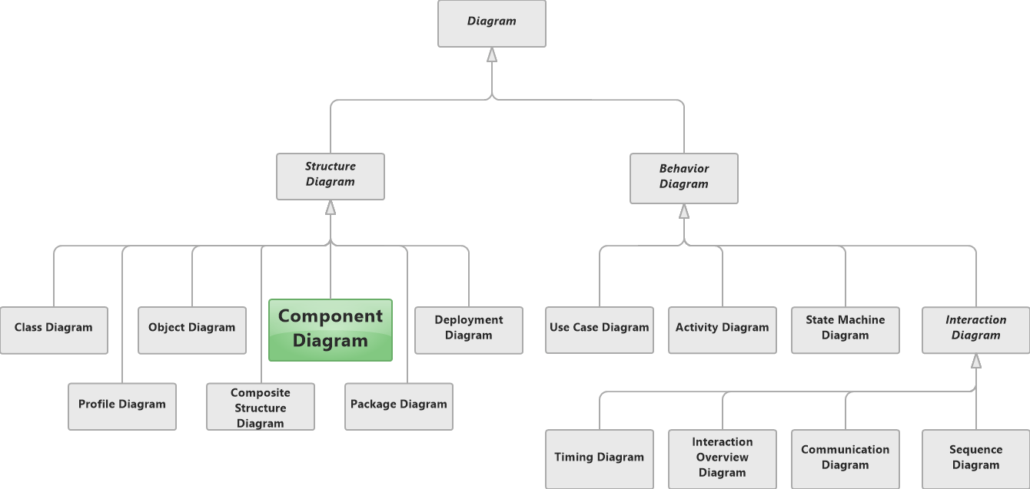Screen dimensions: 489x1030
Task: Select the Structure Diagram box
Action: pos(331,176)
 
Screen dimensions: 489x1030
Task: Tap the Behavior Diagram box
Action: pos(684,177)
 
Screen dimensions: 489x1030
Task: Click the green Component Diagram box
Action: pos(331,329)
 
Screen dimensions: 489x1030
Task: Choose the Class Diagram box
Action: pos(54,329)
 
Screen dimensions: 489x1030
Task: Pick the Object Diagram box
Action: pos(192,329)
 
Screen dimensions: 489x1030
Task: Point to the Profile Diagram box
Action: pos(122,406)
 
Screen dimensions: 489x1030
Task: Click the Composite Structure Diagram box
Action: pos(261,406)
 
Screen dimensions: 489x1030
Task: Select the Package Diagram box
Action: pos(399,406)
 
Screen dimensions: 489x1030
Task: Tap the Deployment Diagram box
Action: pos(469,329)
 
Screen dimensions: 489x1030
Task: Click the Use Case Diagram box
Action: pos(600,329)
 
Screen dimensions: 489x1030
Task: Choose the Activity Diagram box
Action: pos(723,329)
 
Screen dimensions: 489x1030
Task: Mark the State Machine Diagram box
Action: pos(846,329)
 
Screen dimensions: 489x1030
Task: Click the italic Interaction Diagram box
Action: pos(976,329)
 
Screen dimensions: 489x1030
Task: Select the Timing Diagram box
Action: pos(600,458)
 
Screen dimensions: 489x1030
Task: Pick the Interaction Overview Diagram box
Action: pos(723,458)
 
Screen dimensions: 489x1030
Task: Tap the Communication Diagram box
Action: pos(846,458)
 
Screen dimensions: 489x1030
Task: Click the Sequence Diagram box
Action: pos(976,458)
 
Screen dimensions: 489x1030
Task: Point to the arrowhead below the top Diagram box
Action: pos(492,55)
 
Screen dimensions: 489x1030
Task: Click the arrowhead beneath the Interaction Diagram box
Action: pos(976,361)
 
